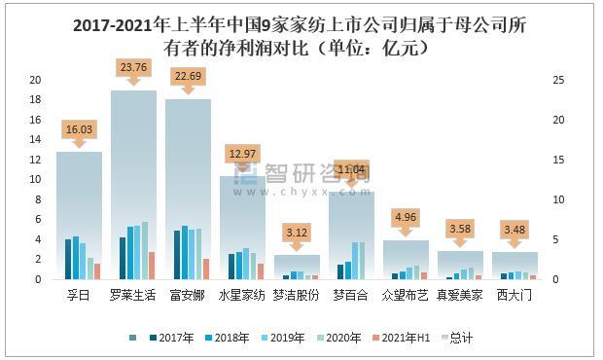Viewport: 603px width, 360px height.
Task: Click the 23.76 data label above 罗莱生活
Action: (134, 67)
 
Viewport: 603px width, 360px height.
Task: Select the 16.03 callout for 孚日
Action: (80, 127)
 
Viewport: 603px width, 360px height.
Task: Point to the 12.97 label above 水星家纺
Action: (243, 153)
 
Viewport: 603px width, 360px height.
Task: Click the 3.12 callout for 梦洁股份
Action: (298, 232)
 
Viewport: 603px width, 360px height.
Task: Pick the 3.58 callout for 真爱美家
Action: (461, 229)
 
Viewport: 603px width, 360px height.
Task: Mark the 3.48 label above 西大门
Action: (515, 229)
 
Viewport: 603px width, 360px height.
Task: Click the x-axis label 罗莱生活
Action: (134, 295)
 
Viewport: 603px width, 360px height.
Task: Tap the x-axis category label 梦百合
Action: (352, 295)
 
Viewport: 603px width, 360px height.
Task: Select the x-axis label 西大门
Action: (515, 295)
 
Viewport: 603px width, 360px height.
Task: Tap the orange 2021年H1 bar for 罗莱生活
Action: (151, 266)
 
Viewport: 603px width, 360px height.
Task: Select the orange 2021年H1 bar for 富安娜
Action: (205, 269)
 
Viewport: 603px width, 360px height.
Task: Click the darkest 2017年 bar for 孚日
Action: (67, 259)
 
